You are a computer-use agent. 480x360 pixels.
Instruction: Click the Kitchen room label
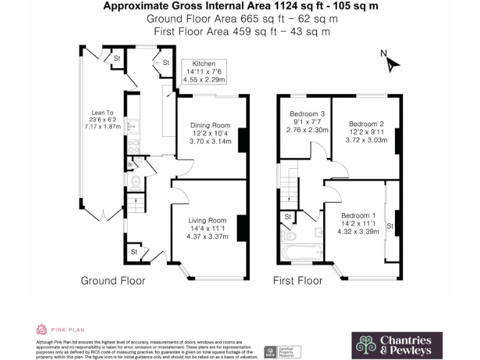pos(204,64)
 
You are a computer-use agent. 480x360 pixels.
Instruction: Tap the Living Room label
pos(207,220)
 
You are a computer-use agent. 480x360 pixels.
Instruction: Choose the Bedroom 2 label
pos(366,124)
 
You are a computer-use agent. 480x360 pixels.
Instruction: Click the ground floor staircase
pos(134,204)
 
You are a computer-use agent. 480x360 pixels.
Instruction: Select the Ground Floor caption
pos(112,281)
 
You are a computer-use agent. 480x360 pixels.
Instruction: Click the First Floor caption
pos(297,281)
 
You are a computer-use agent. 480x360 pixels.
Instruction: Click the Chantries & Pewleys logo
pos(397,345)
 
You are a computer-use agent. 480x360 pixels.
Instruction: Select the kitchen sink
pos(132,127)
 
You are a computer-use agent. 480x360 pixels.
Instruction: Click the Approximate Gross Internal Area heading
pos(240,6)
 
